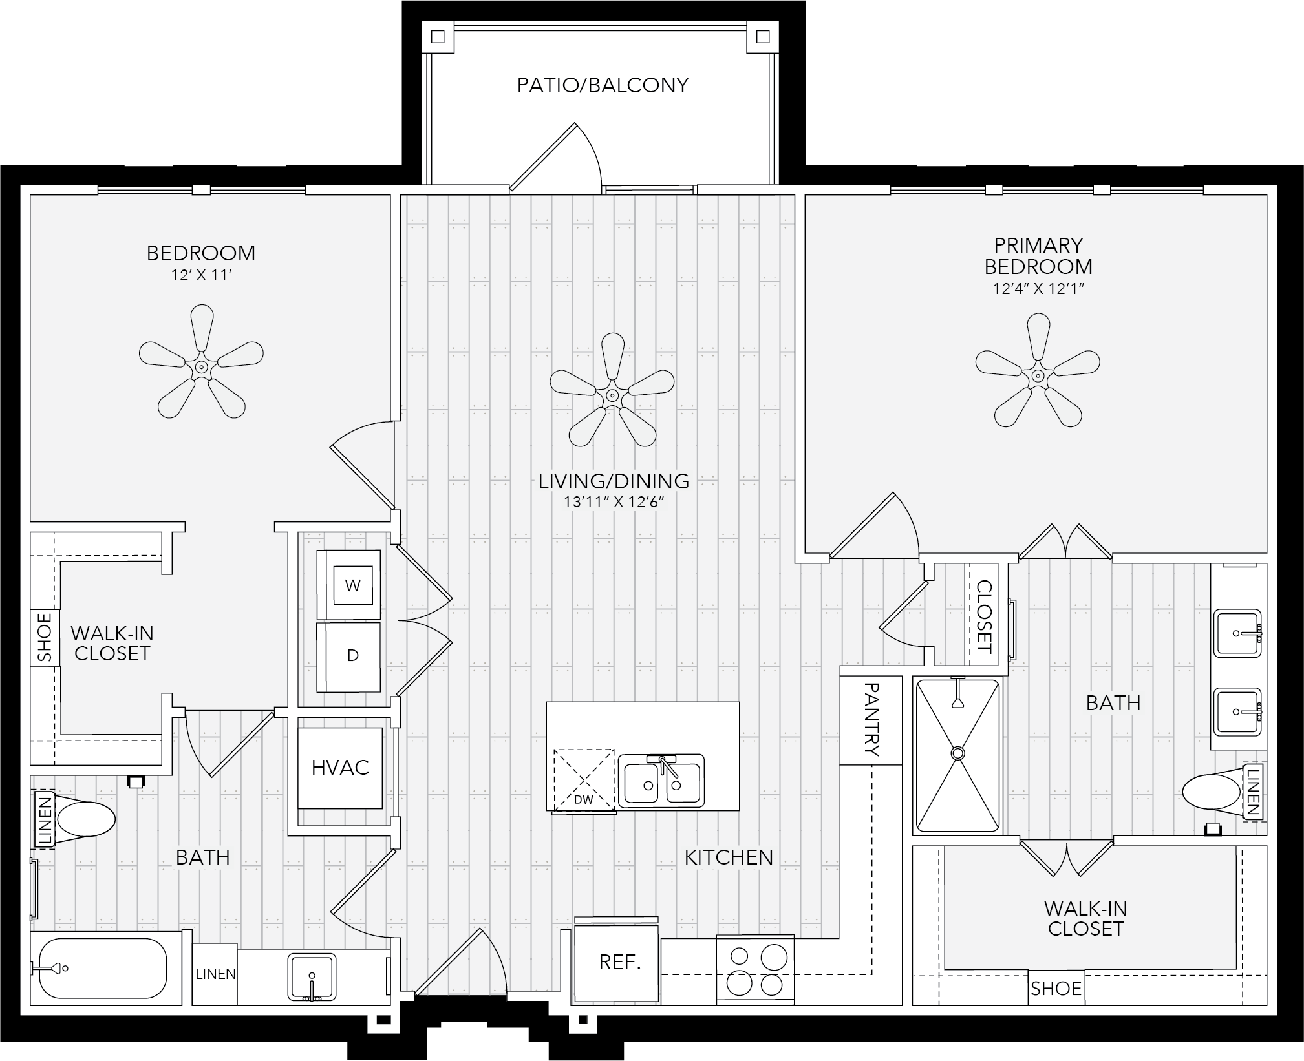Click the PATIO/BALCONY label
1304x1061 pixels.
pyautogui.click(x=603, y=85)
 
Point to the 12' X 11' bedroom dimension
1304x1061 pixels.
pyautogui.click(x=201, y=276)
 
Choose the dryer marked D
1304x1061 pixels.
pyautogui.click(x=348, y=657)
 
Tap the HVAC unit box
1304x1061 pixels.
pyautogui.click(x=340, y=768)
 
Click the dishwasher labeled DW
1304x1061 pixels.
pyautogui.click(x=584, y=780)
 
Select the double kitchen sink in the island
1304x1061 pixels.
pyautogui.click(x=661, y=781)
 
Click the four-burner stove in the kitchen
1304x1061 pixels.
pyautogui.click(x=755, y=969)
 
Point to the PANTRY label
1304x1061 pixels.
pyautogui.click(x=871, y=719)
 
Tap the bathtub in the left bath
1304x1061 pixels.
pyautogui.click(x=103, y=968)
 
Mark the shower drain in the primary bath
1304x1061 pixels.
pyautogui.click(x=957, y=753)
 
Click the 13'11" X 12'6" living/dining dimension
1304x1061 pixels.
pyautogui.click(x=614, y=502)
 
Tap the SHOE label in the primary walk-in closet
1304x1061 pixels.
pyautogui.click(x=1056, y=989)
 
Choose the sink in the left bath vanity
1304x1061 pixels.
pyautogui.click(x=312, y=976)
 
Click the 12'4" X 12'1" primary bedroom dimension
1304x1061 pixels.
pyautogui.click(x=1038, y=289)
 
